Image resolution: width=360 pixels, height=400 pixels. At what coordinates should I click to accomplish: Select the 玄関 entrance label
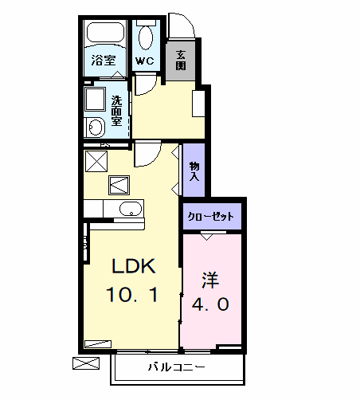181,60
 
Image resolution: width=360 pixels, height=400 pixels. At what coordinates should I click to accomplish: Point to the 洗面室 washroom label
116,112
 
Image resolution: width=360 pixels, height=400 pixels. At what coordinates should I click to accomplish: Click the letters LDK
131,266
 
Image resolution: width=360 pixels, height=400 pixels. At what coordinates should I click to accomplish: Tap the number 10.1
131,296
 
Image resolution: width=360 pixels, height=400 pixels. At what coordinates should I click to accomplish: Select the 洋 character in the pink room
209,280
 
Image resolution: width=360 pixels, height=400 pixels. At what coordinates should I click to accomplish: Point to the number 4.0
210,305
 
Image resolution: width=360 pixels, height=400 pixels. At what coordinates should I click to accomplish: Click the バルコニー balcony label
177,367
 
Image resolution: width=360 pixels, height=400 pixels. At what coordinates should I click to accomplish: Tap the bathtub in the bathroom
106,34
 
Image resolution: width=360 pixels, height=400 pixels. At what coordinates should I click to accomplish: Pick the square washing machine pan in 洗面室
96,100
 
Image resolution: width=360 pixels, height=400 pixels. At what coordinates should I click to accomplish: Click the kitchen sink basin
130,210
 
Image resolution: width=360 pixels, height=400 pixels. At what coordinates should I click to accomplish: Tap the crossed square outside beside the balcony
84,364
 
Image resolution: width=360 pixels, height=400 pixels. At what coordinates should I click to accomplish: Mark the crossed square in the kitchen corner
96,160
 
